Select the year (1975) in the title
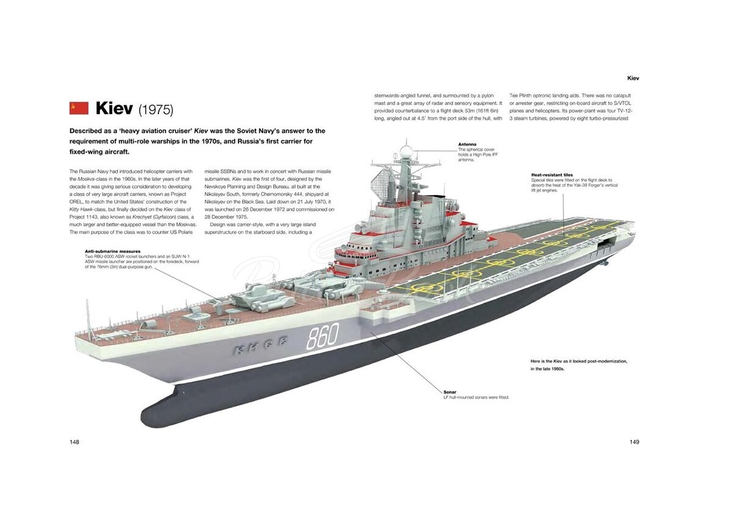pyautogui.click(x=156, y=110)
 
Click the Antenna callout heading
pyautogui.click(x=467, y=145)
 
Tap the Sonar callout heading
pyautogui.click(x=449, y=392)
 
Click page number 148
pyautogui.click(x=75, y=441)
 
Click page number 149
pyautogui.click(x=634, y=441)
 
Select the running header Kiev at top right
pyautogui.click(x=633, y=78)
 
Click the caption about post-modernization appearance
pyautogui.click(x=579, y=365)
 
